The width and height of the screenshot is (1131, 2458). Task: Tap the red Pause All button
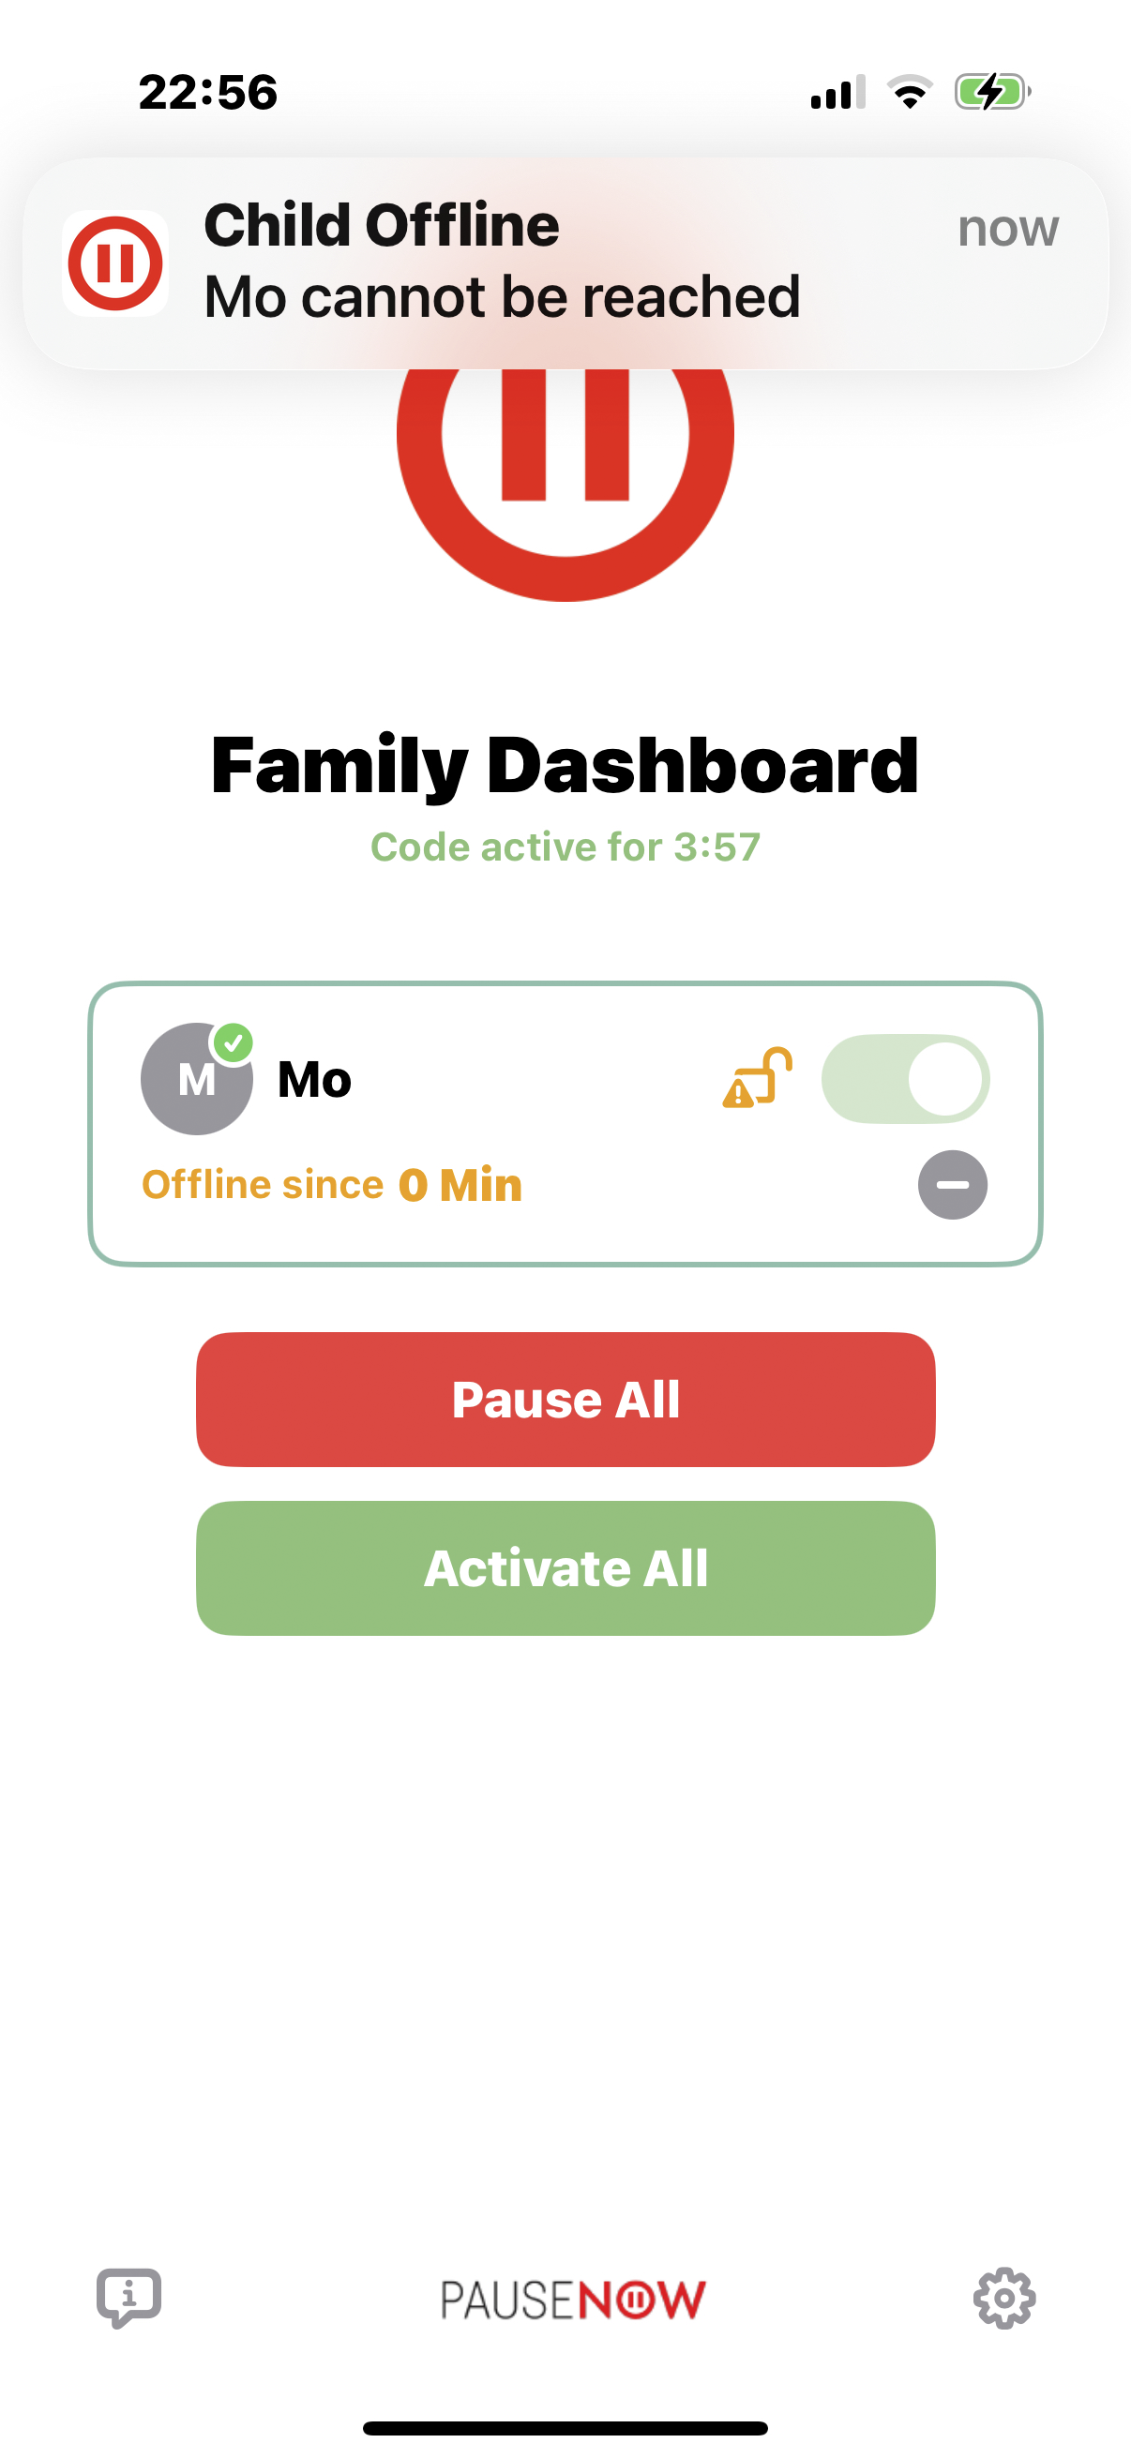point(565,1399)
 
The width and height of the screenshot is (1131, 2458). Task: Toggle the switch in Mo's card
point(905,1079)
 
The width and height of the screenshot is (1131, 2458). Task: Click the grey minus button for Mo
point(953,1185)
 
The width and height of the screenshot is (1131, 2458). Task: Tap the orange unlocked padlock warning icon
point(758,1077)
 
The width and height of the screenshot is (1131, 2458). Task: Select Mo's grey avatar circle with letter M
point(197,1079)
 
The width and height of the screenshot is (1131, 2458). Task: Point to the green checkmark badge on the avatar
point(233,1043)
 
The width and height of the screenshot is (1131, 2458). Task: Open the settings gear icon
point(1004,2299)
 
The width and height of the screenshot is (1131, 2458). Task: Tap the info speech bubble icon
point(128,2298)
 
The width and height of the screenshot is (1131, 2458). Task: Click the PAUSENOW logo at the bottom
point(573,2300)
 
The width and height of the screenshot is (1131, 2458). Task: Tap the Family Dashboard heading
point(565,765)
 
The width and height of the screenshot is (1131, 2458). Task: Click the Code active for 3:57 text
point(565,847)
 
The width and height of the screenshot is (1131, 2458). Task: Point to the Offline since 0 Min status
point(331,1185)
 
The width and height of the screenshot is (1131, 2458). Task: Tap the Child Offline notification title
point(382,225)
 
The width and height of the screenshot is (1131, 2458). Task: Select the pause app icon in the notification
point(115,263)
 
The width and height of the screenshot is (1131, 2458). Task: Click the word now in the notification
point(1008,229)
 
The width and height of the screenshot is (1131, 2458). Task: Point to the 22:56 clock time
point(208,93)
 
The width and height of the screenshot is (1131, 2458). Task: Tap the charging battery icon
point(992,93)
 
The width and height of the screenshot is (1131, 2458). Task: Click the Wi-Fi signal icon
point(910,92)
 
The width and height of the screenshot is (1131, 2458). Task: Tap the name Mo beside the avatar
point(314,1079)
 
